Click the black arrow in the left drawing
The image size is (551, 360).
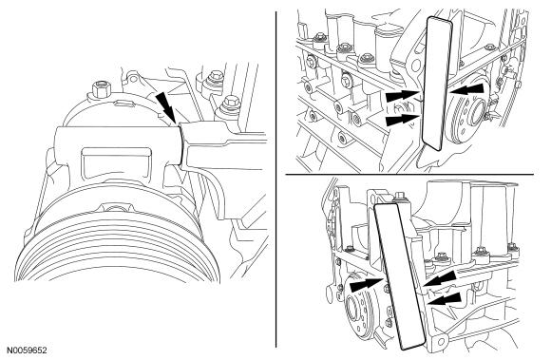point(166,106)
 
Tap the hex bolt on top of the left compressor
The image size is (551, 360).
point(100,89)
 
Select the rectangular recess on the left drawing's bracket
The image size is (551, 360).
point(116,160)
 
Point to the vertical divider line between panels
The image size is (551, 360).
point(276,180)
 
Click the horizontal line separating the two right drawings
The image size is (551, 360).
point(409,174)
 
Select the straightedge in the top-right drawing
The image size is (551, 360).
point(436,84)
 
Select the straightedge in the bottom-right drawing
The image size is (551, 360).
point(400,276)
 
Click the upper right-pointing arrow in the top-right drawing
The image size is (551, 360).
point(403,96)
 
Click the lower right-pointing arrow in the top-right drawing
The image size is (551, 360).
point(403,120)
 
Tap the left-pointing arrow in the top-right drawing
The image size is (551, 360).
point(466,90)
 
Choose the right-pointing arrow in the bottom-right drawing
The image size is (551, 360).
point(368,283)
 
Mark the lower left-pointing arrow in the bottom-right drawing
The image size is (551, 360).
point(445,299)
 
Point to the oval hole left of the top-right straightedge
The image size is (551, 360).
point(416,66)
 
